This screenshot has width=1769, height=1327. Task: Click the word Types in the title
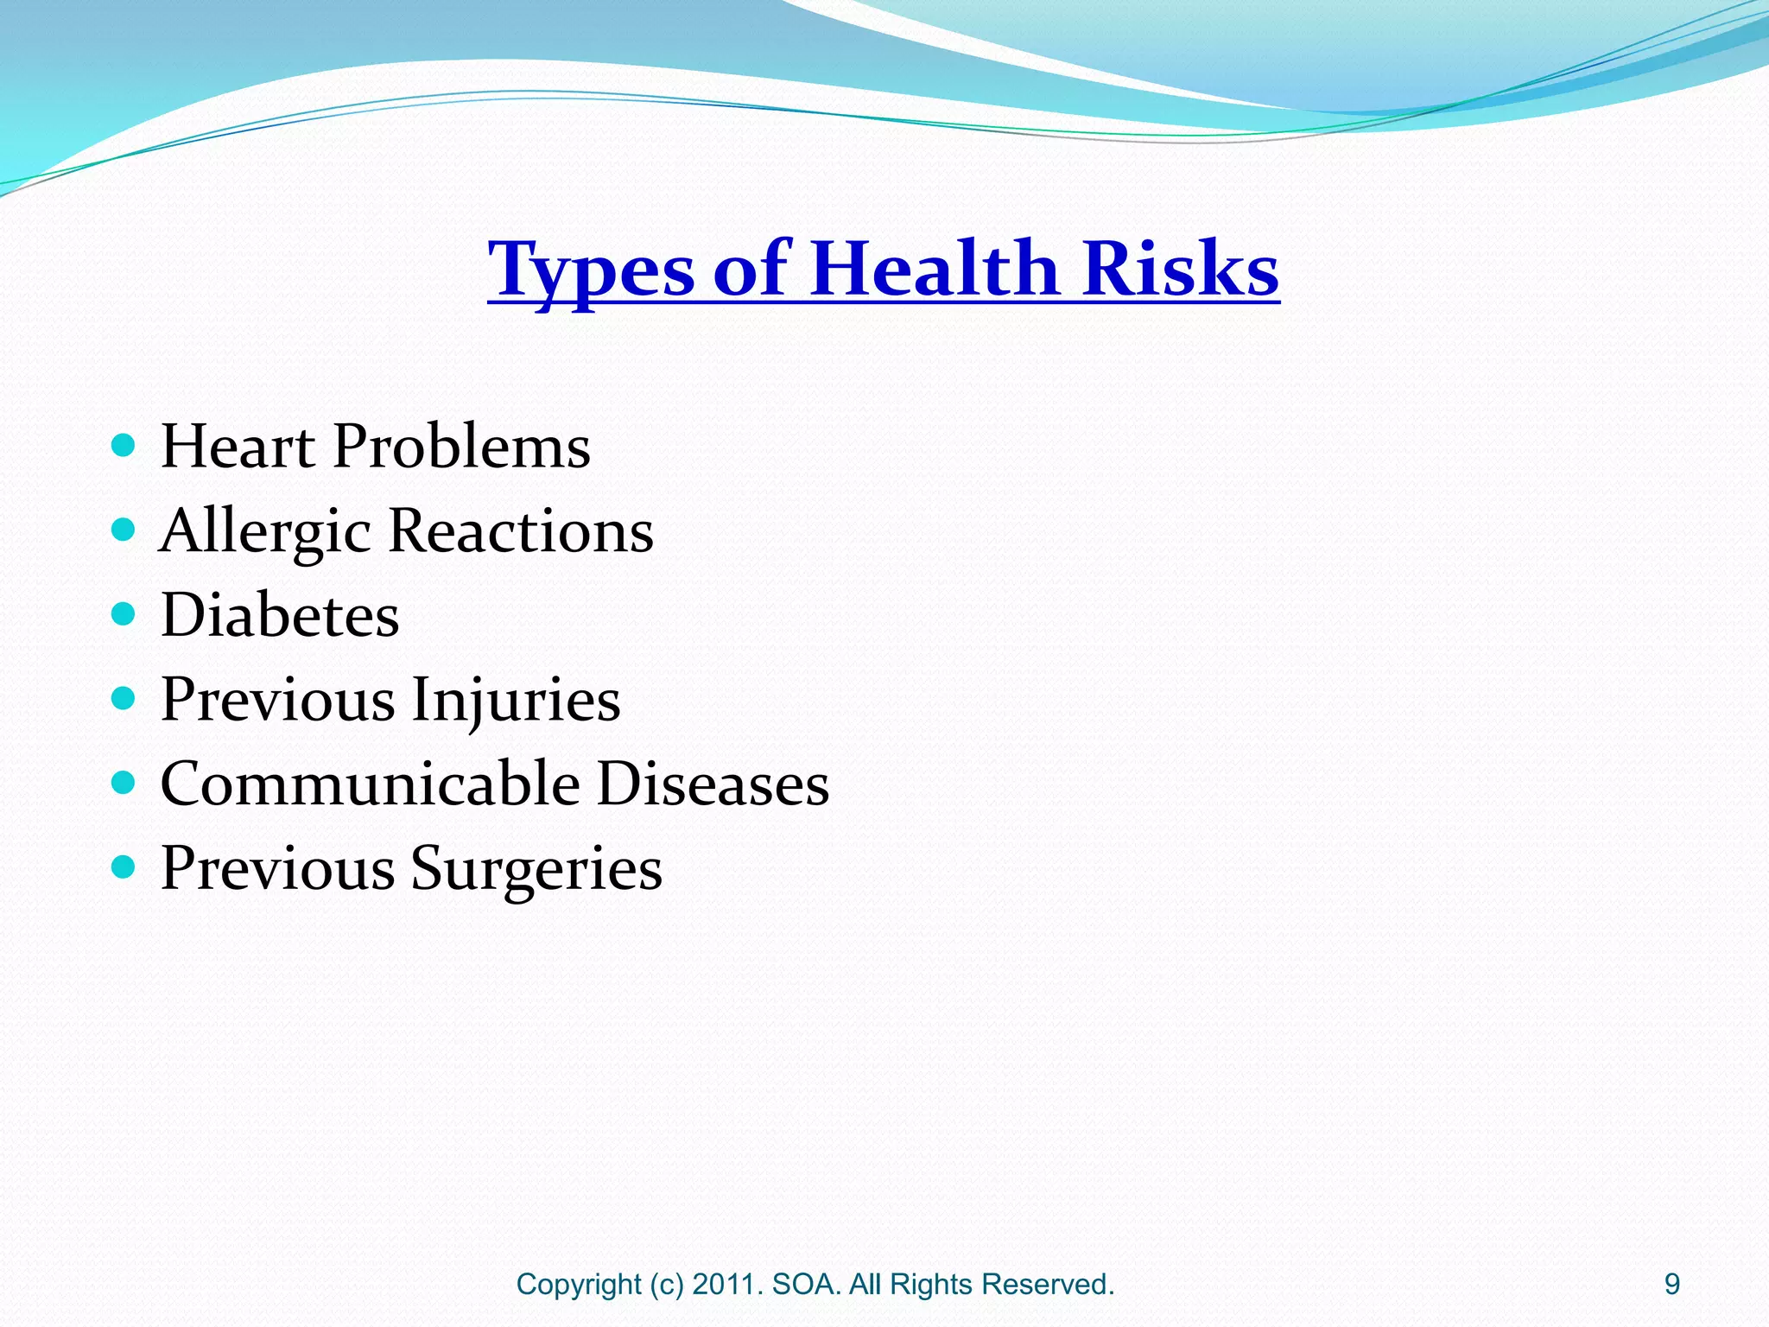coord(591,270)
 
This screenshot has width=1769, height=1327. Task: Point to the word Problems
coord(461,447)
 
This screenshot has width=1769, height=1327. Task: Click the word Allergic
coord(265,531)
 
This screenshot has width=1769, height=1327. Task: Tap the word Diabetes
coord(280,615)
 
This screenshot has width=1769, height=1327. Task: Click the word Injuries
coord(516,700)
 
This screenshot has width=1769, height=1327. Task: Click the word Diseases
coord(713,784)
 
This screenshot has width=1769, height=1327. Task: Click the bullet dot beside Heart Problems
coord(124,446)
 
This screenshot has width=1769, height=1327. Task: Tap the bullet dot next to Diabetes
coord(124,614)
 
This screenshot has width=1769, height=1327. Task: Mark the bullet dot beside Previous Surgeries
coord(124,867)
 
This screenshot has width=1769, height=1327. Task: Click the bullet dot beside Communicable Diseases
coord(124,783)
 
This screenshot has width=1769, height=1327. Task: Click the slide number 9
coord(1672,1285)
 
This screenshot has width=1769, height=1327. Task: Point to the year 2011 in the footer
coord(726,1285)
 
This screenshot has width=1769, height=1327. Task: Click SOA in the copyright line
coord(806,1285)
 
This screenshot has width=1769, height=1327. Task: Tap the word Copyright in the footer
coord(579,1285)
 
